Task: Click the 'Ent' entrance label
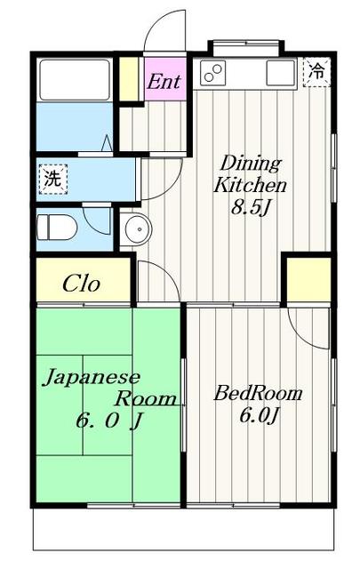164,82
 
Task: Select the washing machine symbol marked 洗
53,178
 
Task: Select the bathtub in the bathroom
75,80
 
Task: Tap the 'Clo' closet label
81,284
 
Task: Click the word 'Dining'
250,164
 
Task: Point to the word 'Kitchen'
250,186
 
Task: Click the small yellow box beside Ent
130,78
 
